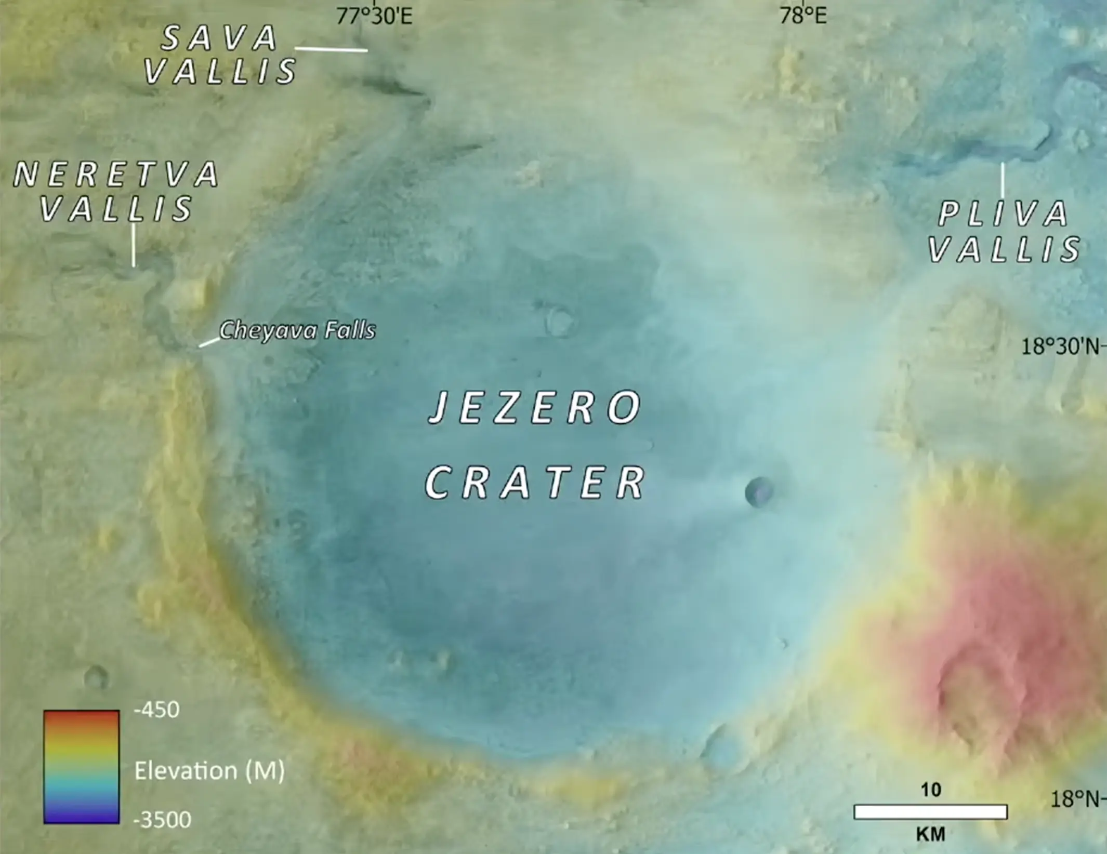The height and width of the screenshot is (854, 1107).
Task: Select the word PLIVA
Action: pyautogui.click(x=1003, y=214)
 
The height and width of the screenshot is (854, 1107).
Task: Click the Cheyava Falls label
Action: pyautogui.click(x=297, y=330)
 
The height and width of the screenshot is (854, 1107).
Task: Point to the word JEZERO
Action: pyautogui.click(x=535, y=407)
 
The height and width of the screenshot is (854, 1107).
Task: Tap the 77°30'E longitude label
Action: pyautogui.click(x=374, y=16)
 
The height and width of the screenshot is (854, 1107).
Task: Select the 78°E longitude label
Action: pyautogui.click(x=803, y=16)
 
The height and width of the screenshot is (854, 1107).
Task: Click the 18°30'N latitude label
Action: pyautogui.click(x=1060, y=346)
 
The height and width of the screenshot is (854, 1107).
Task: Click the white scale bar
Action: pyautogui.click(x=930, y=811)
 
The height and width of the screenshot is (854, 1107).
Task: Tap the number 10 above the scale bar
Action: pyautogui.click(x=931, y=790)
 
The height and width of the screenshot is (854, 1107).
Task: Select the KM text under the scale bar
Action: pyautogui.click(x=930, y=834)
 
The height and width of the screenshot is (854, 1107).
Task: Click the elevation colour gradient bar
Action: pyautogui.click(x=82, y=767)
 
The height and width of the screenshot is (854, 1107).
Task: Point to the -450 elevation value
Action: pyautogui.click(x=157, y=710)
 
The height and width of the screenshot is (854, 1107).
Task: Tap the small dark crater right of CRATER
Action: pyautogui.click(x=759, y=491)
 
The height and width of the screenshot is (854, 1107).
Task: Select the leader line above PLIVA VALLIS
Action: pyautogui.click(x=1003, y=180)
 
